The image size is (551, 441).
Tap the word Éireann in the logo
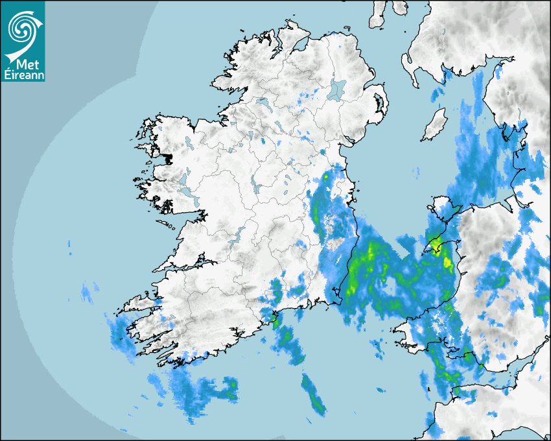coord(23,74)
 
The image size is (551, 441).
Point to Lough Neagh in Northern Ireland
coord(336,89)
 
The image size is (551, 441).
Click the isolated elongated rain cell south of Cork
coord(314,396)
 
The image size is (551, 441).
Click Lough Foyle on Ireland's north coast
coord(299,46)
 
